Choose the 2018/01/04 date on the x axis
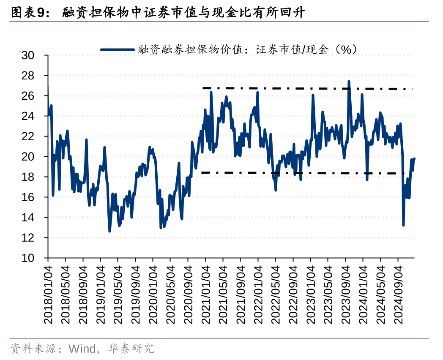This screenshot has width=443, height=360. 48,295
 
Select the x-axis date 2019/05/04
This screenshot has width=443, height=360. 118,295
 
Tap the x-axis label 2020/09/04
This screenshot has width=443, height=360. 189,295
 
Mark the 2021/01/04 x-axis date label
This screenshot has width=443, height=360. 206,295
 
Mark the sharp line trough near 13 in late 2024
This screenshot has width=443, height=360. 403,225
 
